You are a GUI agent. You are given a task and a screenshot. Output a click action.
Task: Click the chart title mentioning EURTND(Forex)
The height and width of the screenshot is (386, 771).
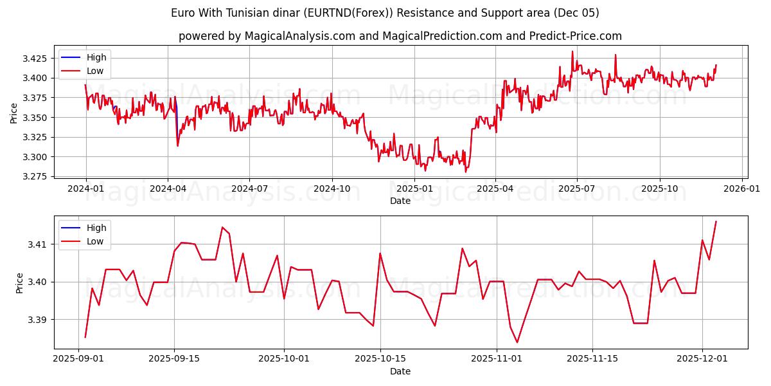[385, 13]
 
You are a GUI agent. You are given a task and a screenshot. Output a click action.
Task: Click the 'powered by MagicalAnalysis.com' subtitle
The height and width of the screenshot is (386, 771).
[400, 36]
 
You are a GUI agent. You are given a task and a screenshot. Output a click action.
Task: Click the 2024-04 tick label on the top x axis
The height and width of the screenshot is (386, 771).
[168, 188]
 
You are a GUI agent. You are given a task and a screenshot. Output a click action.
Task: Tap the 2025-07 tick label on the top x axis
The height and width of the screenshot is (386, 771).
[576, 188]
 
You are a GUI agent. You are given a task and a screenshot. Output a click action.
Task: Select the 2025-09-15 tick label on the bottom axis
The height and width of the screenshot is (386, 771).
[174, 359]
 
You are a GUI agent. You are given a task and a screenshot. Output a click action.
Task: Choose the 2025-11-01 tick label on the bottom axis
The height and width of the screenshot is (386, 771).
[497, 359]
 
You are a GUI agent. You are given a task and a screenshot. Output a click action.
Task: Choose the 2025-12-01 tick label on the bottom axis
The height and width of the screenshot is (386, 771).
[702, 359]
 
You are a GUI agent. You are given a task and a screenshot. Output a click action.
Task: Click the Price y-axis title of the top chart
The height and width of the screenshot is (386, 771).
[14, 113]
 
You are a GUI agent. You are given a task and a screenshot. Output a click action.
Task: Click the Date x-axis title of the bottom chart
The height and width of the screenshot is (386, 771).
[400, 371]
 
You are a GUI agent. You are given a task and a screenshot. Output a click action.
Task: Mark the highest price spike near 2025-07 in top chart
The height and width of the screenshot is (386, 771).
[572, 51]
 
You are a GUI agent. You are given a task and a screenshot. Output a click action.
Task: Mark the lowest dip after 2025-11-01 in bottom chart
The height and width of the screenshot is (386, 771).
[517, 342]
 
